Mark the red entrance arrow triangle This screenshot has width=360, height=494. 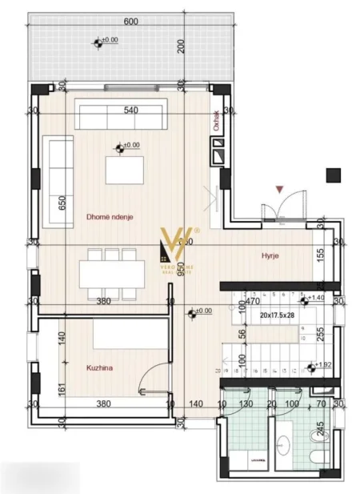pos(278,189)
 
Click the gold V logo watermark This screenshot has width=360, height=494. pos(174,244)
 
